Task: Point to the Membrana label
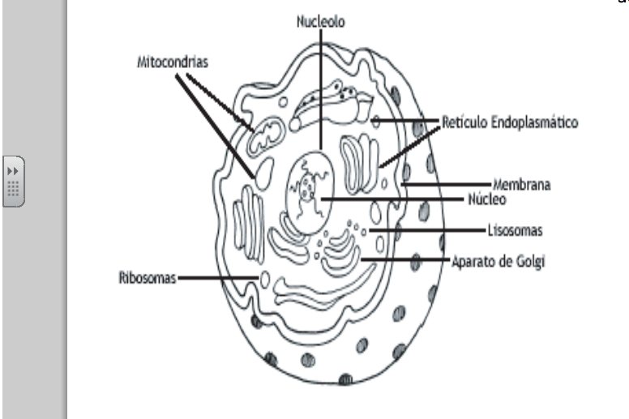[x=523, y=185]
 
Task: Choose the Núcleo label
[x=486, y=198]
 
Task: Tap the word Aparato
[x=472, y=261]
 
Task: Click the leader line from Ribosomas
[x=217, y=279]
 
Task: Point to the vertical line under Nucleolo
[x=322, y=89]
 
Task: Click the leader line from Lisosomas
[x=433, y=231]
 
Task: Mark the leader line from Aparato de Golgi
[x=405, y=260]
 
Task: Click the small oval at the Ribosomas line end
[x=263, y=280]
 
